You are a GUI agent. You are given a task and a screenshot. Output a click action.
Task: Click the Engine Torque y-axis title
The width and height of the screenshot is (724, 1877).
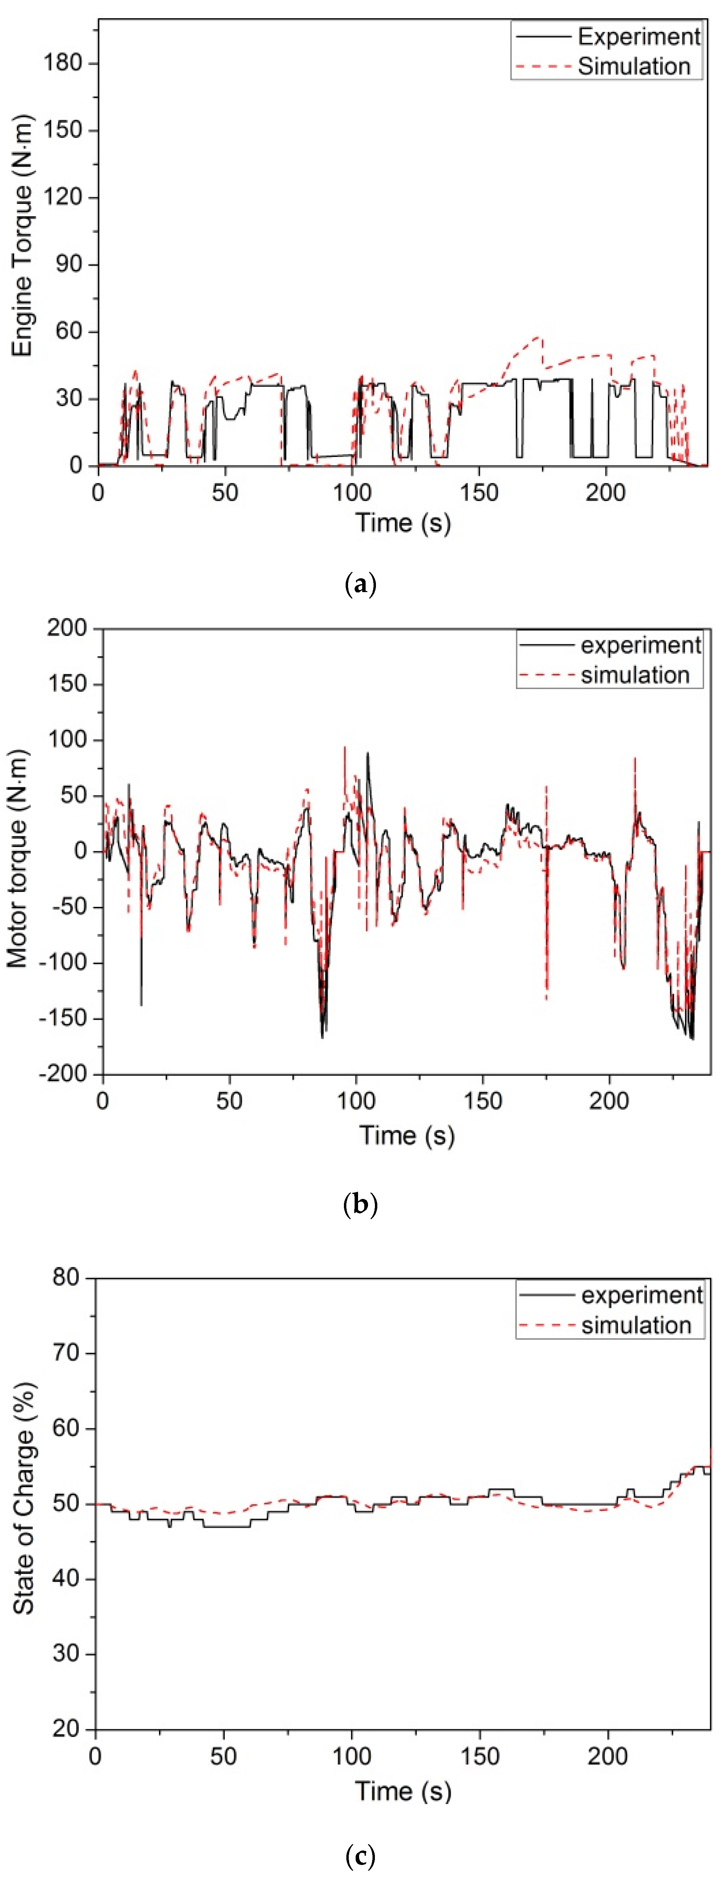(22, 235)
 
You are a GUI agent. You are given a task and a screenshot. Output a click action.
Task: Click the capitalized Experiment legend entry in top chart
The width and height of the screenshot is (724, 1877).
(639, 36)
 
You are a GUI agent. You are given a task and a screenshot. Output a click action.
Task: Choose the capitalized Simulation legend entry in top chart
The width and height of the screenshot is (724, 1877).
(633, 66)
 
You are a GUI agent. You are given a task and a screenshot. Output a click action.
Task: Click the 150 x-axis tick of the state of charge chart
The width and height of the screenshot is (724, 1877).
(480, 1756)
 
